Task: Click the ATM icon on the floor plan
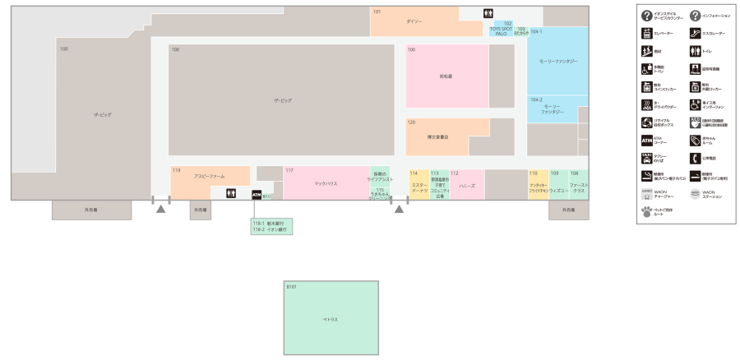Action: click(257, 195)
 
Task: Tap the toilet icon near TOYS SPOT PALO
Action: click(488, 13)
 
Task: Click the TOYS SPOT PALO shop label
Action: click(501, 31)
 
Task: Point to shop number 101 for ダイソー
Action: click(377, 12)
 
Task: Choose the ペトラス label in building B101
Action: click(331, 319)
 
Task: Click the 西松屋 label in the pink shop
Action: click(446, 76)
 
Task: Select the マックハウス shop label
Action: click(326, 184)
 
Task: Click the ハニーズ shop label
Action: click(467, 186)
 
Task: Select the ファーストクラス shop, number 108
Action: click(579, 187)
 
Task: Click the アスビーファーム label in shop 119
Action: click(210, 177)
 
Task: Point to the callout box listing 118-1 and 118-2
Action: click(272, 227)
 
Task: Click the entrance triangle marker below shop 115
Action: click(400, 210)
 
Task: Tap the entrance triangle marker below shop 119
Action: click(161, 210)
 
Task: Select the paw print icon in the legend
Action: click(647, 211)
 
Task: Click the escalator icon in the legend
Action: click(695, 34)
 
